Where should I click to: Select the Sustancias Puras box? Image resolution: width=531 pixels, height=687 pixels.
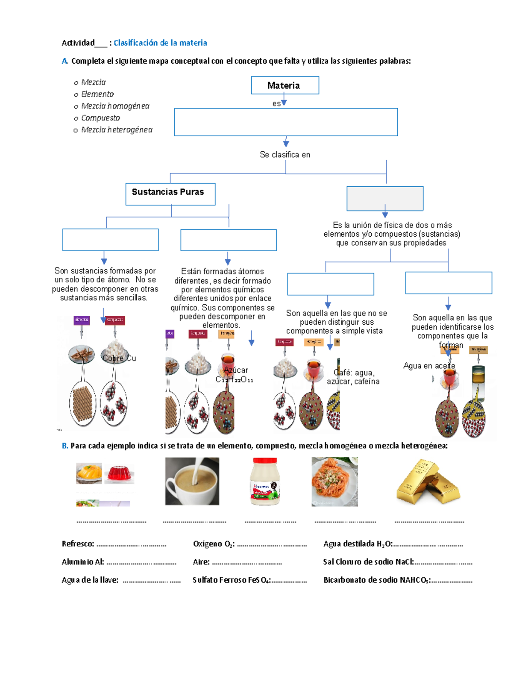(170, 194)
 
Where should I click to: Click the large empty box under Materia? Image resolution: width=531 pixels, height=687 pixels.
(286, 122)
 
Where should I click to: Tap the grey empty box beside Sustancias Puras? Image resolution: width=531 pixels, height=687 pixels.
(385, 198)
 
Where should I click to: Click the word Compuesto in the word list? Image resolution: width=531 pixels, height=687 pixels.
(100, 118)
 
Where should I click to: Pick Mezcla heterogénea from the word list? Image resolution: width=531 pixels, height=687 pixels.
(117, 130)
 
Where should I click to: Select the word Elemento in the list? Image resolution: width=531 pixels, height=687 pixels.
(97, 94)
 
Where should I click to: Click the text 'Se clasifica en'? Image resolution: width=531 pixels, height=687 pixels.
(285, 155)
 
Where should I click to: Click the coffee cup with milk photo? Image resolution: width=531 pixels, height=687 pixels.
(192, 481)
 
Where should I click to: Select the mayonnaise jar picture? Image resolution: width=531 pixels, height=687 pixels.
(265, 481)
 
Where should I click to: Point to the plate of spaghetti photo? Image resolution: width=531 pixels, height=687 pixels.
(335, 482)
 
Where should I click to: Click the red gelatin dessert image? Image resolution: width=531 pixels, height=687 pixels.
(119, 474)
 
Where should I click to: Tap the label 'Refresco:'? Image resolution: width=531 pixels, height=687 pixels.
(78, 544)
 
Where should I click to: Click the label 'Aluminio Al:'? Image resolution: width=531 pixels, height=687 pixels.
(83, 562)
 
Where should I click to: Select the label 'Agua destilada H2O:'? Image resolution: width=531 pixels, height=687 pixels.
(358, 544)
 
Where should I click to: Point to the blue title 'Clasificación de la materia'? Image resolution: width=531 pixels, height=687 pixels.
(160, 43)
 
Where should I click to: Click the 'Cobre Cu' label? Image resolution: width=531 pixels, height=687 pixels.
(119, 358)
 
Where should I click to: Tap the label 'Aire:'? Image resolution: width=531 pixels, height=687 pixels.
(201, 562)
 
